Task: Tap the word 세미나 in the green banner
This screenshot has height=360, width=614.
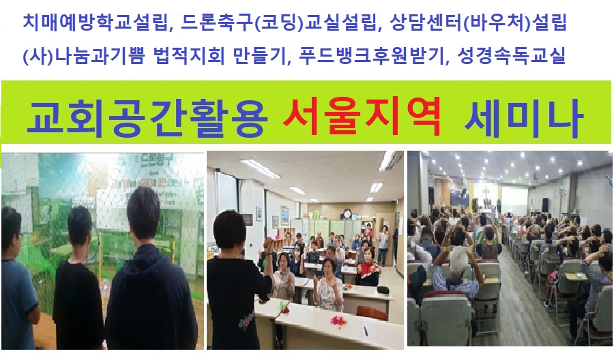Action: [x=523, y=117]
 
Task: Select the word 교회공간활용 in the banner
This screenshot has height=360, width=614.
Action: [x=147, y=117]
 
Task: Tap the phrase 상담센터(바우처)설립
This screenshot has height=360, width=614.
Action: [x=478, y=23]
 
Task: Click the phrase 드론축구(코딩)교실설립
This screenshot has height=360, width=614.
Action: [x=278, y=23]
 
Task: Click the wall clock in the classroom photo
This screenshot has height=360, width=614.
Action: [x=347, y=214]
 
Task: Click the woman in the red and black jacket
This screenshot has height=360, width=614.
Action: [x=367, y=267]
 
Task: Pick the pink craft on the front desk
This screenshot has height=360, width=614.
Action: [x=338, y=321]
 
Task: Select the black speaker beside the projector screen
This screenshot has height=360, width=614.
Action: [x=545, y=205]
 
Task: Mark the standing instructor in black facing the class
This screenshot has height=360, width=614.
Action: [x=235, y=282]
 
